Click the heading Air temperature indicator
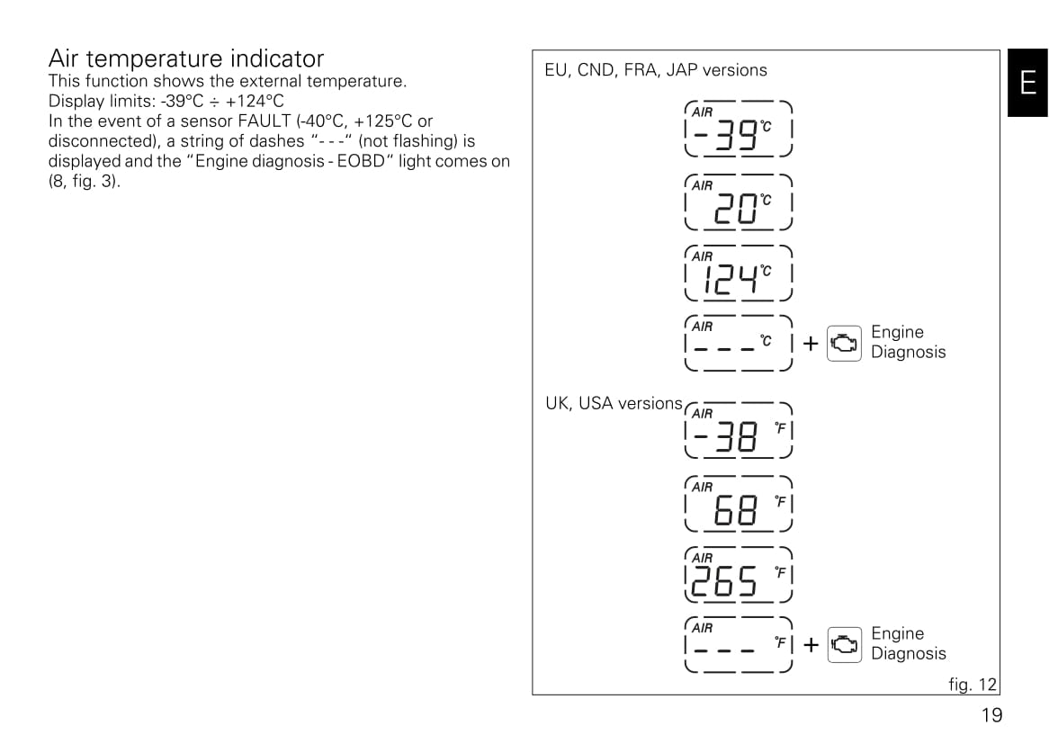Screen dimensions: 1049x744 pyautogui.click(x=186, y=58)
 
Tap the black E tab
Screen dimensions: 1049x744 pyautogui.click(x=1028, y=83)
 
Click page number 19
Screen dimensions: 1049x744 pyautogui.click(x=992, y=715)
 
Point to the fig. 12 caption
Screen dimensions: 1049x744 pyautogui.click(x=972, y=685)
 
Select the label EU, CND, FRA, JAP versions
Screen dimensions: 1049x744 pyautogui.click(x=656, y=70)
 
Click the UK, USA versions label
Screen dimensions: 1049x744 pyautogui.click(x=614, y=403)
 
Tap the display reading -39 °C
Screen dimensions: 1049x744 pyautogui.click(x=739, y=129)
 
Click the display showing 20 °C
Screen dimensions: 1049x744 pyautogui.click(x=739, y=202)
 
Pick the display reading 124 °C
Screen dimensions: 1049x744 pyautogui.click(x=739, y=273)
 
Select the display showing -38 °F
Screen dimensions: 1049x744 pyautogui.click(x=739, y=430)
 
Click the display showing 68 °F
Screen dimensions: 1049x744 pyautogui.click(x=739, y=504)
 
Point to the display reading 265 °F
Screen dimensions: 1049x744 pyautogui.click(x=739, y=575)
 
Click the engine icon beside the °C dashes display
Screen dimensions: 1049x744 pyautogui.click(x=844, y=344)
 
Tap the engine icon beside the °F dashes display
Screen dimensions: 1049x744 pyautogui.click(x=844, y=645)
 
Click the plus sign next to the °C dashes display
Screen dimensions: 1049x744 pyautogui.click(x=811, y=344)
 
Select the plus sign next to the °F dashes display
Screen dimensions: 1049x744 pyautogui.click(x=811, y=645)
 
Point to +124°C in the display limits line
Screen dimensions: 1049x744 pyautogui.click(x=255, y=101)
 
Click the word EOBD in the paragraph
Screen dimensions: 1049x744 pyautogui.click(x=362, y=161)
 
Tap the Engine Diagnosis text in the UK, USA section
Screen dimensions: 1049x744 pyautogui.click(x=909, y=643)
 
